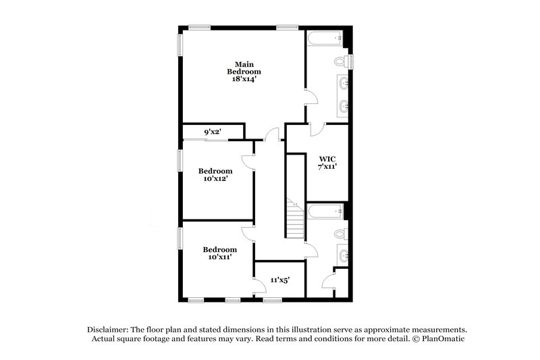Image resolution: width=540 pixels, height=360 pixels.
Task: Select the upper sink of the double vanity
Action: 344,84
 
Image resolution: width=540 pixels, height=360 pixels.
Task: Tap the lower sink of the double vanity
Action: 344,105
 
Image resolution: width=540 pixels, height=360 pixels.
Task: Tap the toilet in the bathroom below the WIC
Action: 342,234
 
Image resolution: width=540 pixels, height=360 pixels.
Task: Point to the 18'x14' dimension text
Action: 243,79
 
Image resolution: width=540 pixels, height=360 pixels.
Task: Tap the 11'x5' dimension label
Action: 280,278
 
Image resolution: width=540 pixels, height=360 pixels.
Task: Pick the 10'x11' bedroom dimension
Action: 219,257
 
